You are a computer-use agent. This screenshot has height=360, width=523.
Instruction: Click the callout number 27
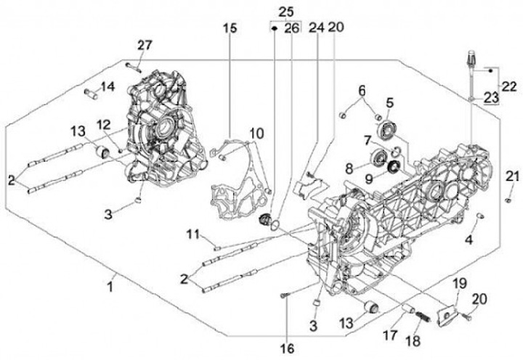[x=144, y=46]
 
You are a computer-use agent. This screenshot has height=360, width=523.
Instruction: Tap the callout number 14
[x=108, y=87]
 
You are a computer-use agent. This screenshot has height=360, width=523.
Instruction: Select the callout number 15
[x=230, y=28]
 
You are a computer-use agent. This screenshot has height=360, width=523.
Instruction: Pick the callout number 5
[x=389, y=102]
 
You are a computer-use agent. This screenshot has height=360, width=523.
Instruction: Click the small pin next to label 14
[x=92, y=93]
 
